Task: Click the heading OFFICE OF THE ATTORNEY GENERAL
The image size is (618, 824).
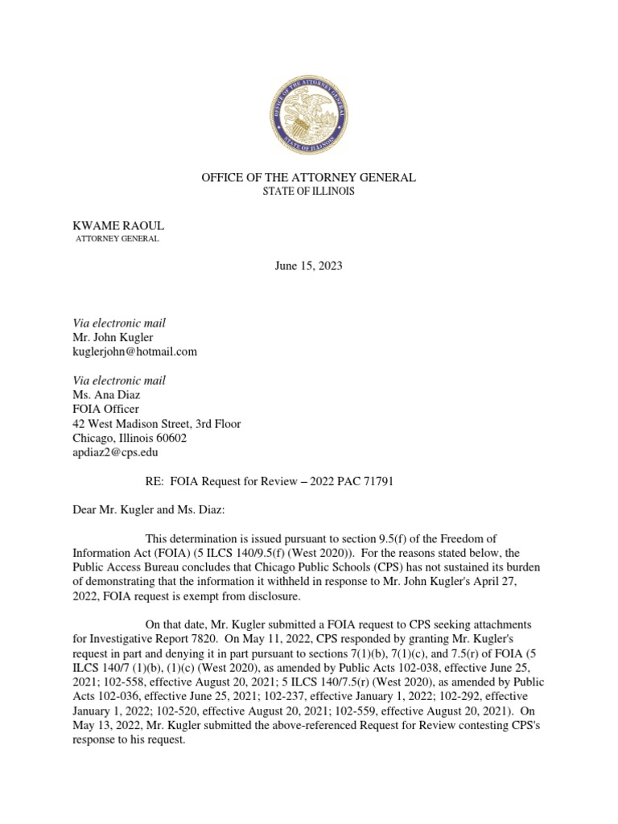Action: (309, 177)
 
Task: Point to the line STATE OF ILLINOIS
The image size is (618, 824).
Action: (309, 192)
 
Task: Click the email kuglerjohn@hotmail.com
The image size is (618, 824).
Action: (134, 352)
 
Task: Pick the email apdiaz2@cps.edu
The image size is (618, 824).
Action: (115, 453)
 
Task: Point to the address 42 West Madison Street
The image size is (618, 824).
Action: (156, 424)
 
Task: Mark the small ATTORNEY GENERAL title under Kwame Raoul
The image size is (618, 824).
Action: (117, 239)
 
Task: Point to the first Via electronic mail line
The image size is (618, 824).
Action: (119, 323)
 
